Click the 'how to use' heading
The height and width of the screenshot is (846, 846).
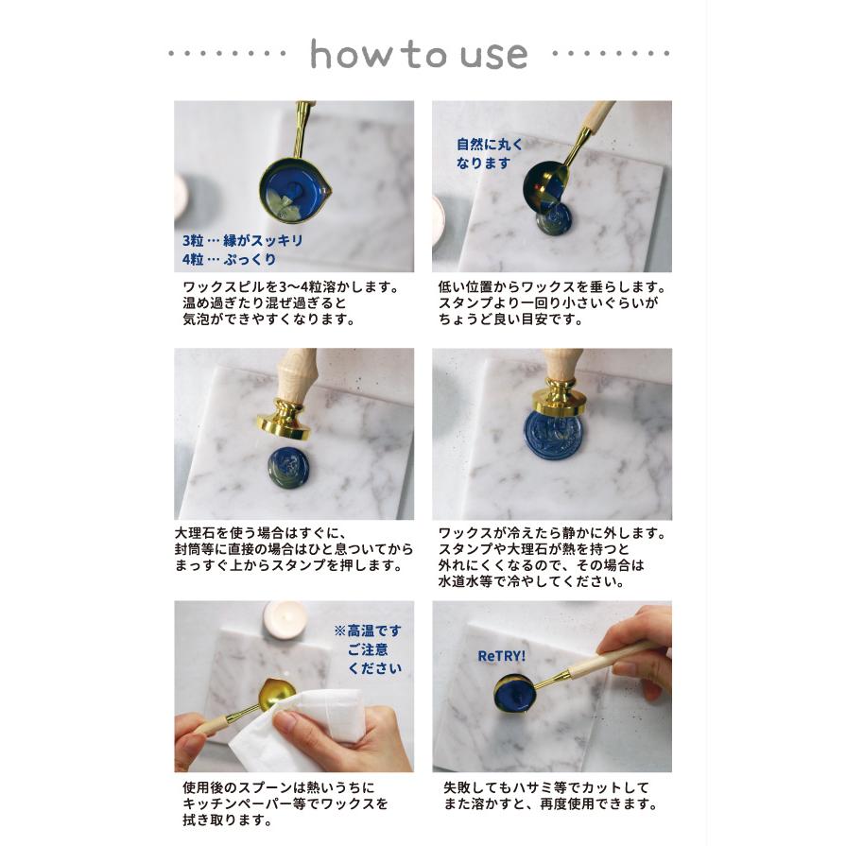[419, 55]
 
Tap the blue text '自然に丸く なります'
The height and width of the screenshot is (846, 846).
[489, 153]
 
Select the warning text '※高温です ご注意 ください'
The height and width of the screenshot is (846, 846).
[367, 648]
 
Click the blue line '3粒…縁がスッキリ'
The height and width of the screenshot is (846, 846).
[243, 240]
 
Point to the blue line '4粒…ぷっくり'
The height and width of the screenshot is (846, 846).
[230, 258]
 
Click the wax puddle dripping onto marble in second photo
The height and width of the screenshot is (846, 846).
[553, 220]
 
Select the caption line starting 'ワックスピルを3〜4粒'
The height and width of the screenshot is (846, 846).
[291, 285]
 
